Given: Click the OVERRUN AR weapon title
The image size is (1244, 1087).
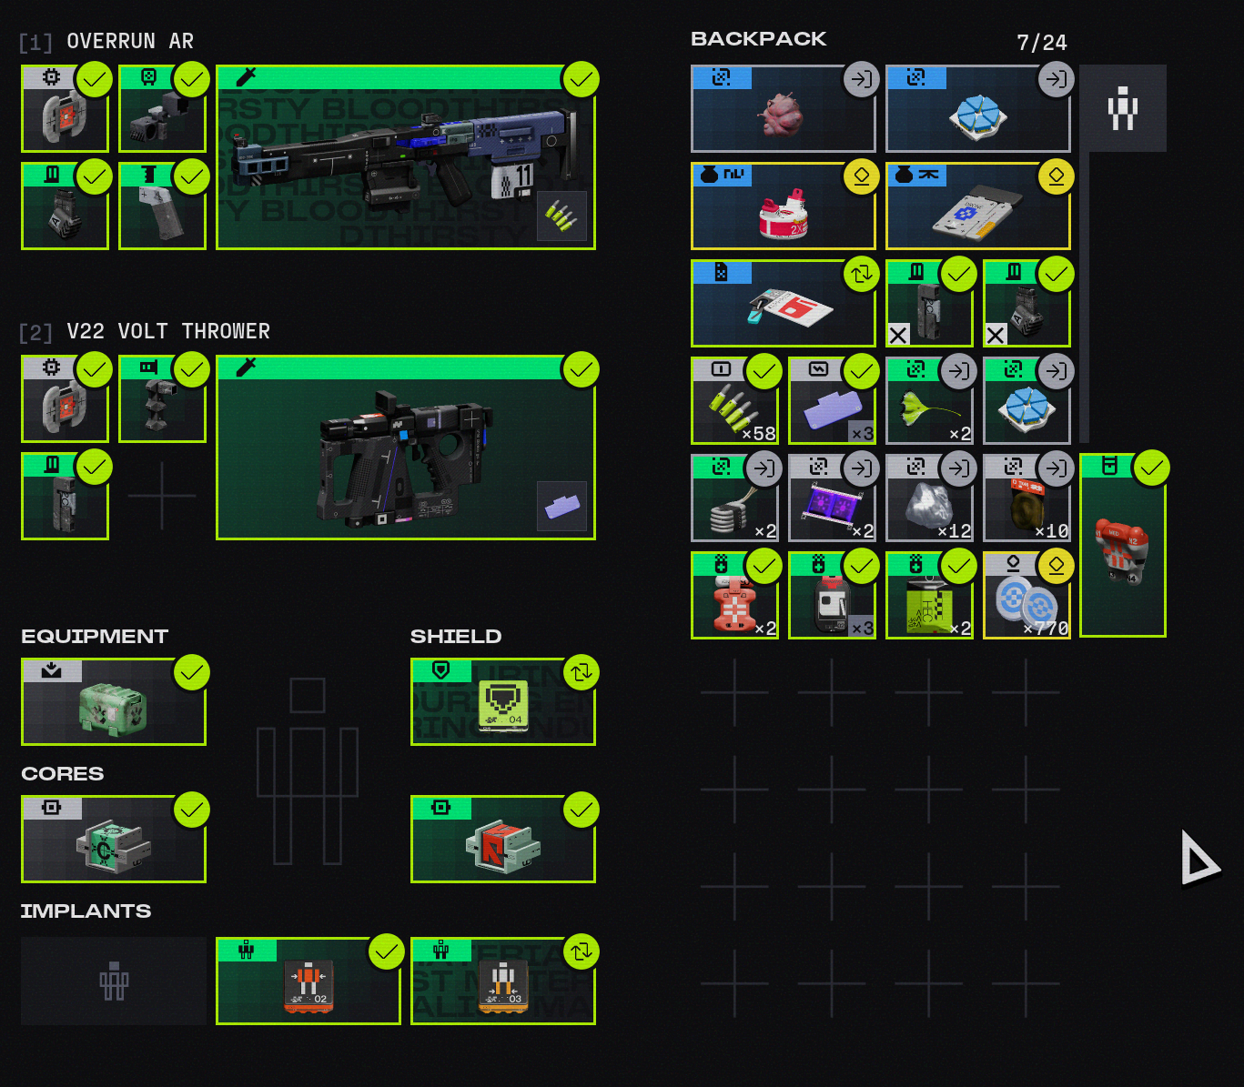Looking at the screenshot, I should [x=129, y=42].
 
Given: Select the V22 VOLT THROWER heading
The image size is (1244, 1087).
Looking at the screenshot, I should [x=167, y=332].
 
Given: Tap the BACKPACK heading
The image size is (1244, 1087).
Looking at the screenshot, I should [x=758, y=39].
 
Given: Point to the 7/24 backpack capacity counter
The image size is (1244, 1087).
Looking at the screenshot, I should [x=1041, y=43].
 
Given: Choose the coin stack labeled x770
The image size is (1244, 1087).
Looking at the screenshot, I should [x=1026, y=601].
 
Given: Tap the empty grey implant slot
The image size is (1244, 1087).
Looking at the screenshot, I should [x=114, y=981].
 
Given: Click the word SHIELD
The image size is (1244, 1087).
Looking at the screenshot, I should [x=455, y=637].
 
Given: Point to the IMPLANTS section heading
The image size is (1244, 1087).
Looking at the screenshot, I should [x=86, y=911].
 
